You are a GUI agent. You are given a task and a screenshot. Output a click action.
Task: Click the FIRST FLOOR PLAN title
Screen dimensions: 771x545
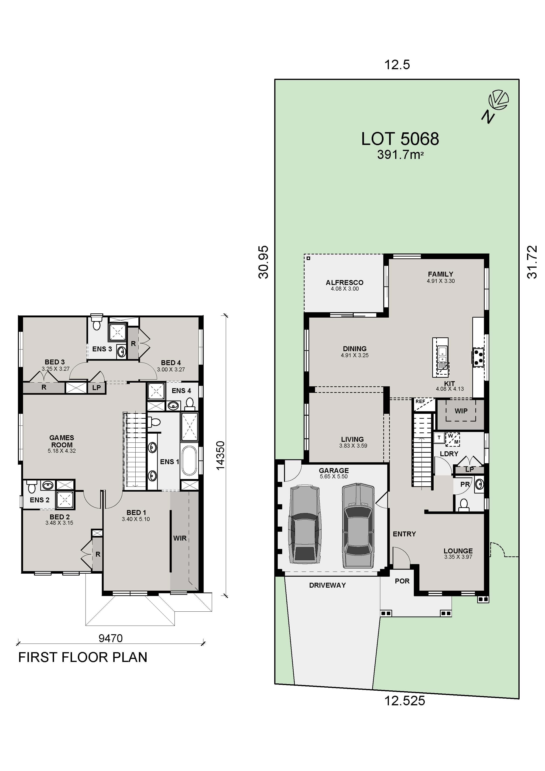click(83, 657)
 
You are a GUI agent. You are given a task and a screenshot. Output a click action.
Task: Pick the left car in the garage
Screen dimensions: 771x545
click(305, 524)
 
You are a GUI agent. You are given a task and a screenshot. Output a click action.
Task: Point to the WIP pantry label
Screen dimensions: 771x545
click(461, 411)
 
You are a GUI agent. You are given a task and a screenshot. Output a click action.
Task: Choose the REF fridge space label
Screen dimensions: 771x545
click(420, 401)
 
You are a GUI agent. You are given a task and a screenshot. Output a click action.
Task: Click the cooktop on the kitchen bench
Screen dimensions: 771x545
click(478, 357)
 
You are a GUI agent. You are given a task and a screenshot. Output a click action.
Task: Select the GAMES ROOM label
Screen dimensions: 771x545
click(62, 441)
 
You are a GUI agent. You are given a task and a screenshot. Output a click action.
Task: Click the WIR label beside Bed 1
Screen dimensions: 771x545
click(180, 538)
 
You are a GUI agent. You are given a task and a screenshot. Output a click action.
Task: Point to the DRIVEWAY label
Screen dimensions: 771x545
click(327, 585)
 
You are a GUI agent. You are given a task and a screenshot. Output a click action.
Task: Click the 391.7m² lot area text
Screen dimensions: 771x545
click(400, 154)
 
